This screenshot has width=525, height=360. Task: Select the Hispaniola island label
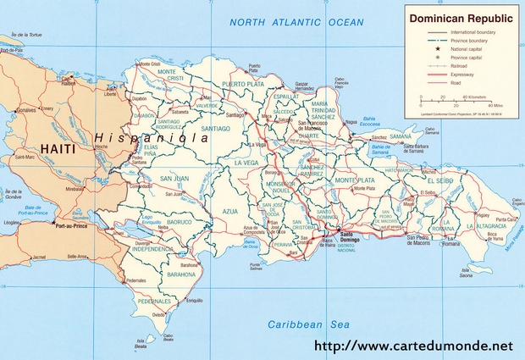click(152, 137)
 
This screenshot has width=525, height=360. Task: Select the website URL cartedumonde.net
click(413, 346)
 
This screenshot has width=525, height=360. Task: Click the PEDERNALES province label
click(156, 301)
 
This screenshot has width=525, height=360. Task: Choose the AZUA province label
click(231, 210)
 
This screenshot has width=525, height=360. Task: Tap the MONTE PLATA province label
click(354, 180)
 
